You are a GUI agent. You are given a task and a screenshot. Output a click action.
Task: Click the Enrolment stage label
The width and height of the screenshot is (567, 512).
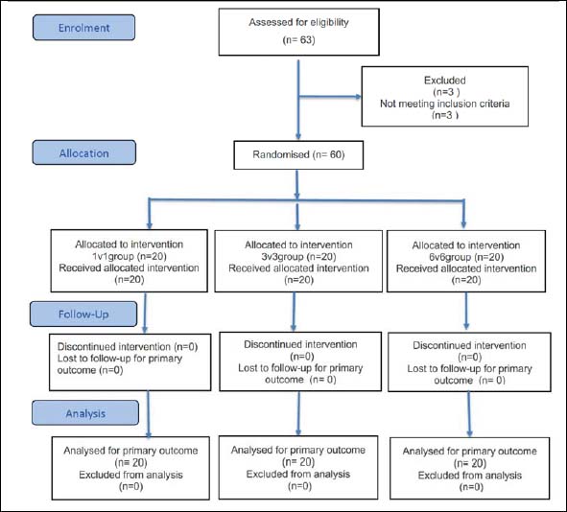[x=83, y=28]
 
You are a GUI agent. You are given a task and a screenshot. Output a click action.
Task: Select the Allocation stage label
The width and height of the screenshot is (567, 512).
[x=83, y=152]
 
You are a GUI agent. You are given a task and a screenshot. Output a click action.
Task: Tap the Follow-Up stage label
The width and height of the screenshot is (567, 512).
[x=83, y=314]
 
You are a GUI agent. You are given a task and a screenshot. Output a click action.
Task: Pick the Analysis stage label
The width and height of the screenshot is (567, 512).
[x=85, y=413]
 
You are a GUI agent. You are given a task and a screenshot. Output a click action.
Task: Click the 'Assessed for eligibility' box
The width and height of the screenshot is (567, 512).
[x=299, y=33]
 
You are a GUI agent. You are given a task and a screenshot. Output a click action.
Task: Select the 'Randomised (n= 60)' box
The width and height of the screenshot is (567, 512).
[x=298, y=155]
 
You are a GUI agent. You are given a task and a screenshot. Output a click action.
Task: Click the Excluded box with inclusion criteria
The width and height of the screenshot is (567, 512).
[x=445, y=97]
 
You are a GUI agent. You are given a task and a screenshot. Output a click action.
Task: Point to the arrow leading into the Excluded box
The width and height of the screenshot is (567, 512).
[x=330, y=97]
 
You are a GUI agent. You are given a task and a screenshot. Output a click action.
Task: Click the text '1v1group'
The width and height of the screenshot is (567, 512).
[x=113, y=257]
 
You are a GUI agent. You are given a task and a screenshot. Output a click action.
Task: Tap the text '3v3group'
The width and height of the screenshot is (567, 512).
[x=282, y=257]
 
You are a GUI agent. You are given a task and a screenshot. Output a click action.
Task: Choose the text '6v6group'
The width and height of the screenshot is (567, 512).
[x=450, y=257]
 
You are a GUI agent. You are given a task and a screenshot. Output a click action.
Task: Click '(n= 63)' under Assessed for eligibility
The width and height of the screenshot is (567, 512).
[x=298, y=39]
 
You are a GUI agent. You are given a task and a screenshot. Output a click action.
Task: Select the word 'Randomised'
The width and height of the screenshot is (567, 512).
[x=281, y=154]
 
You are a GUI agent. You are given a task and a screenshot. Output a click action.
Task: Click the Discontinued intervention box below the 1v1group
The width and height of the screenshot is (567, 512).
[x=130, y=362]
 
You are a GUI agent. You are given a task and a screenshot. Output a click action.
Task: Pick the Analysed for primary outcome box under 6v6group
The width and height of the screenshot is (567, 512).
[x=470, y=468]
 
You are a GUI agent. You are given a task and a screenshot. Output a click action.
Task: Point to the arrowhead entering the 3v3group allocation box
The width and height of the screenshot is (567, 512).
[x=297, y=226]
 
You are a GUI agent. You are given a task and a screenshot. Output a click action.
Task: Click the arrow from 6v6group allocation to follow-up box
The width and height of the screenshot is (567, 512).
[x=466, y=311]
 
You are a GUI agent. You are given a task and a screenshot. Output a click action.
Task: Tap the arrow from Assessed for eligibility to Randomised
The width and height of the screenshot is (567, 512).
[x=298, y=100]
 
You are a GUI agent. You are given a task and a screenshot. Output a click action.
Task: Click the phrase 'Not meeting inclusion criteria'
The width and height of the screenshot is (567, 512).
[x=445, y=104]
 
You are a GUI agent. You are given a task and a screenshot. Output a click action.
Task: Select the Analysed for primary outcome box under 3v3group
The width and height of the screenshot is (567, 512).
[x=298, y=468]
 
